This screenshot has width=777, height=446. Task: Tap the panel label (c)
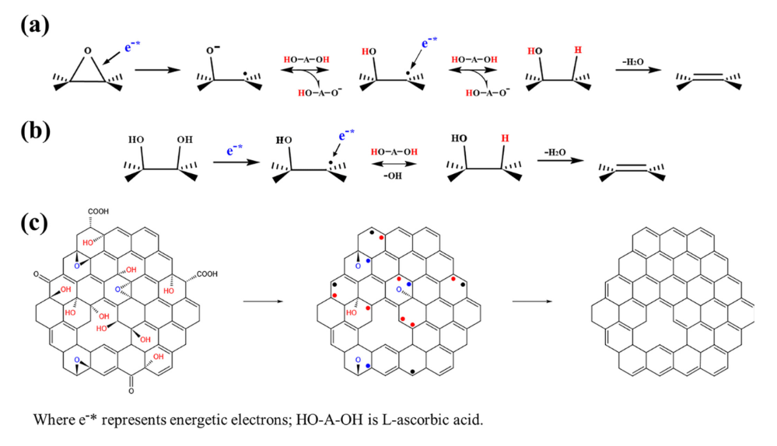35,223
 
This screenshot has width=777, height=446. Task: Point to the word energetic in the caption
176,420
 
